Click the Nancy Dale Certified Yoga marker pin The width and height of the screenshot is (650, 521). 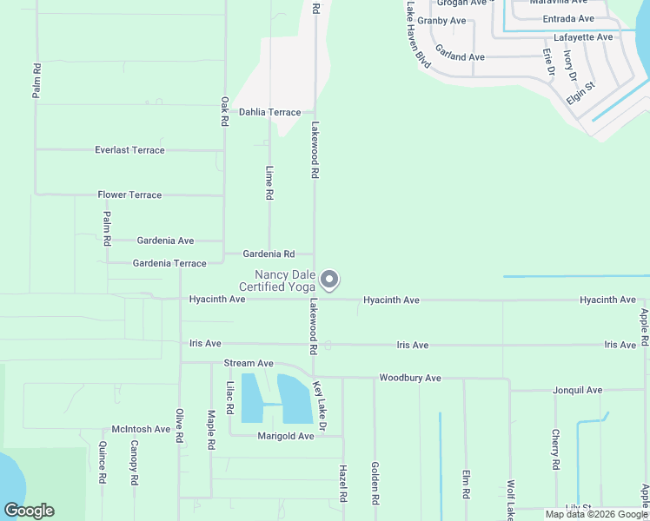[329, 280]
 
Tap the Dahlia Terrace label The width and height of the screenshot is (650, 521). [269, 113]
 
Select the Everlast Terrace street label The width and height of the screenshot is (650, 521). [129, 150]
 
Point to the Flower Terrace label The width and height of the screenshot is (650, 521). [129, 195]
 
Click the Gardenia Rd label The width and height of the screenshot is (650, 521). [269, 254]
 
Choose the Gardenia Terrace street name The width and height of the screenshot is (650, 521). [169, 263]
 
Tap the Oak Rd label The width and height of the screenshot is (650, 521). [224, 112]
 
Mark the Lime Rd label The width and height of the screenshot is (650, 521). [269, 184]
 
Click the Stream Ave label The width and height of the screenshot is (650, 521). [249, 363]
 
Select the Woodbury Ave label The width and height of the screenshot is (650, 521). [410, 379]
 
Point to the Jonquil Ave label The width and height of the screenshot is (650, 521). [577, 391]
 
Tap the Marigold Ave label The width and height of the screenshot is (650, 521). [285, 436]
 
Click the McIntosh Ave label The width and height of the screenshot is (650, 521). [141, 429]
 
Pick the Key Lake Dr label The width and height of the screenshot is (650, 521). [319, 406]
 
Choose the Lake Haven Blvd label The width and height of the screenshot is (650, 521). [418, 35]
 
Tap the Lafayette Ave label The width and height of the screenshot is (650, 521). [583, 37]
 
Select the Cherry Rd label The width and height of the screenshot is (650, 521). [555, 450]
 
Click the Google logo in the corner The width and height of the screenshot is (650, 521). [29, 511]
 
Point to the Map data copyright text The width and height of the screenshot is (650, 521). [595, 514]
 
